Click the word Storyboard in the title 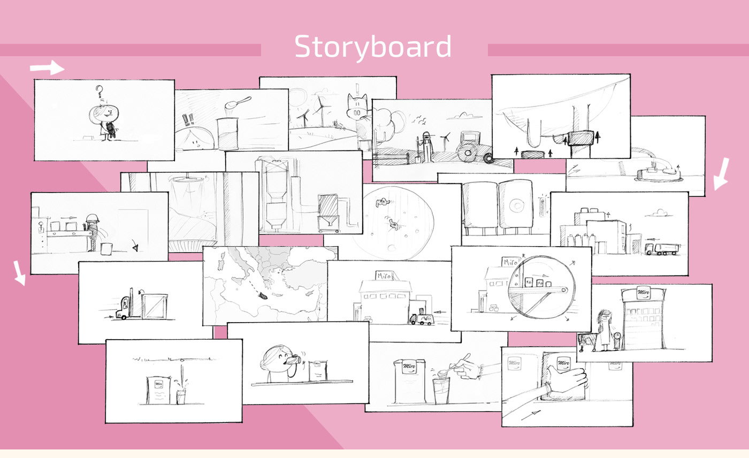373,47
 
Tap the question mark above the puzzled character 98,91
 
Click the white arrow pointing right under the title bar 47,68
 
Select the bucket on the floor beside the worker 106,248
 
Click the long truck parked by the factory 662,248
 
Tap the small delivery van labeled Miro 422,319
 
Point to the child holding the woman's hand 616,340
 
